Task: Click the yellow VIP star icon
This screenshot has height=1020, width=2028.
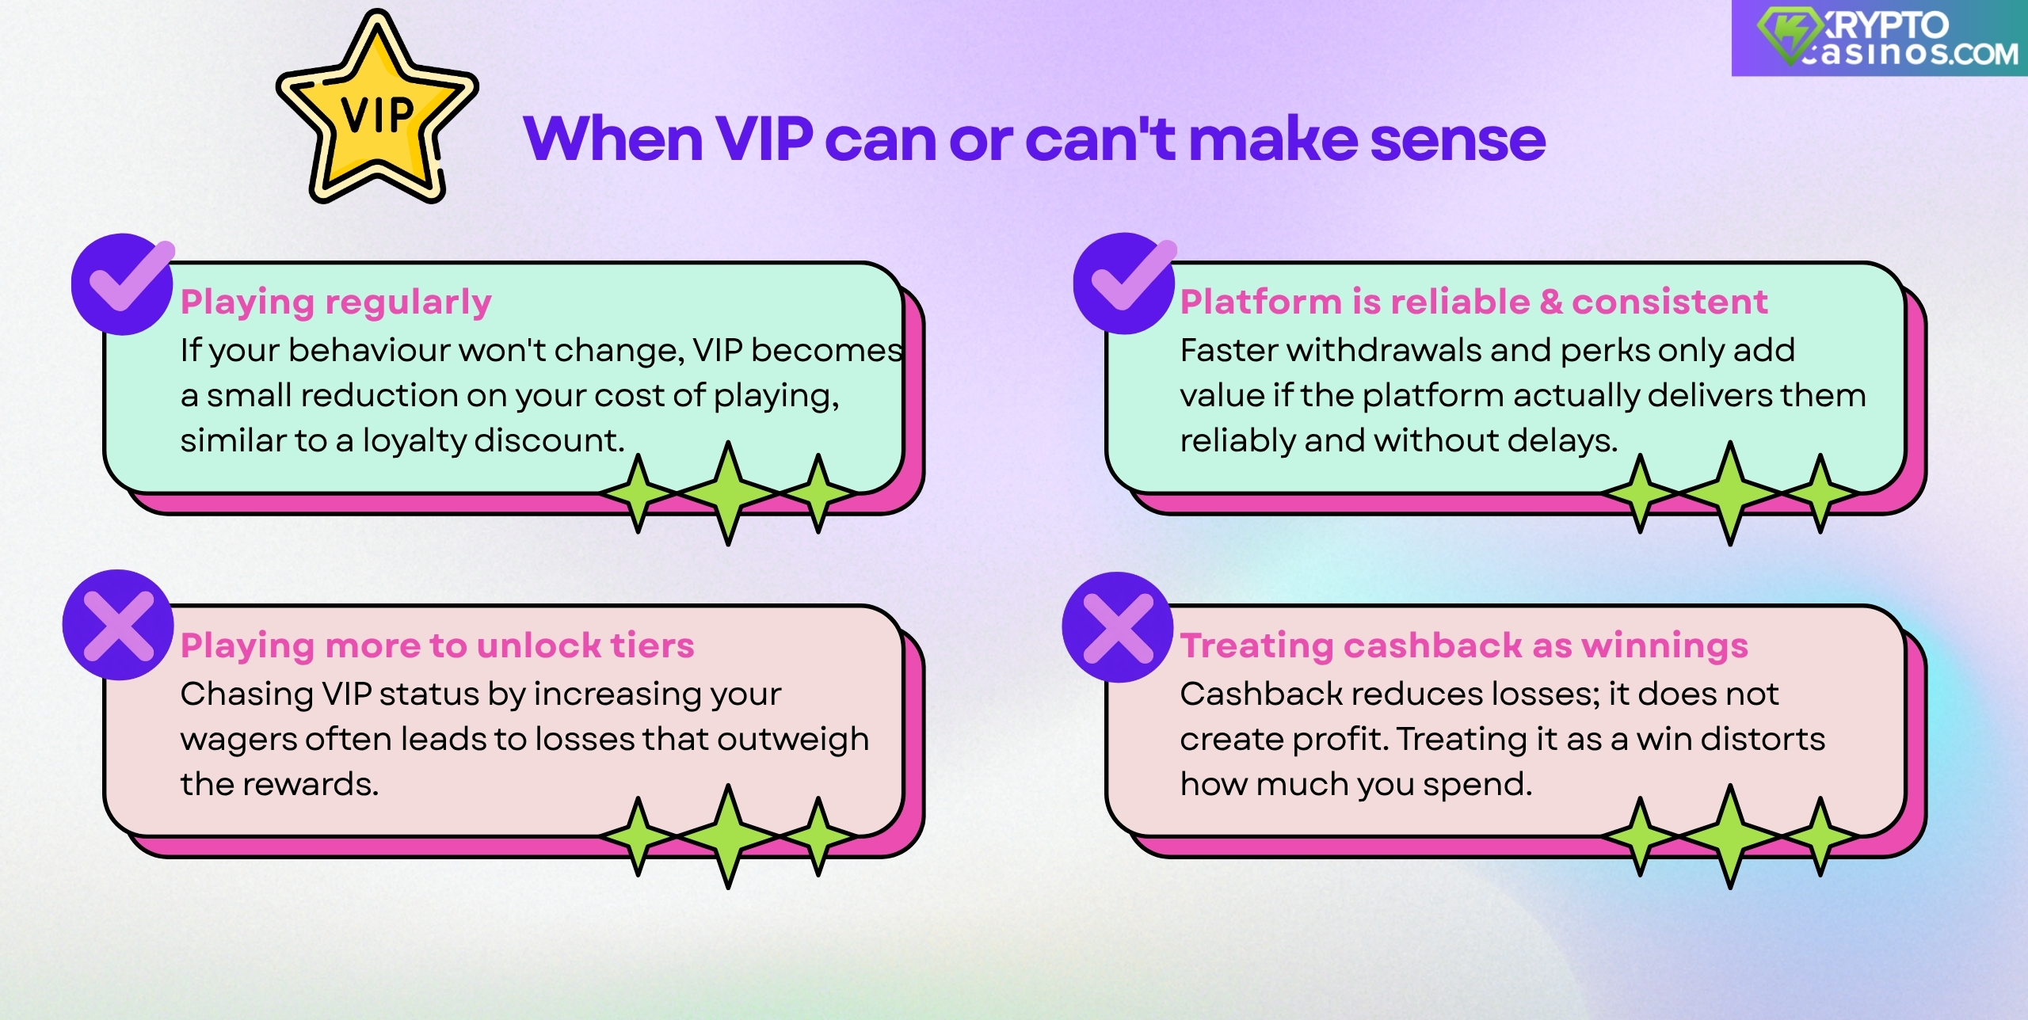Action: (377, 111)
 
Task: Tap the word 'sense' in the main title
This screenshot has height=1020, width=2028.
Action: (1458, 139)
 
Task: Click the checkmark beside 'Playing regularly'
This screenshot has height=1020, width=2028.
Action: (122, 284)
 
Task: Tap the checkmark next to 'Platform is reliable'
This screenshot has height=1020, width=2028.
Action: (1123, 284)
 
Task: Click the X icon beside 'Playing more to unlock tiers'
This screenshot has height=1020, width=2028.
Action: (118, 625)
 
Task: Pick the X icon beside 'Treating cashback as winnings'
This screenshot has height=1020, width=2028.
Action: (1118, 627)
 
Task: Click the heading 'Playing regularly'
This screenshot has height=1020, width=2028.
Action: (336, 303)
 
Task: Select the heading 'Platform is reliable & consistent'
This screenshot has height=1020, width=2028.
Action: (1473, 302)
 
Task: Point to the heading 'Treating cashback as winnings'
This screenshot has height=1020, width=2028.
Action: (1464, 645)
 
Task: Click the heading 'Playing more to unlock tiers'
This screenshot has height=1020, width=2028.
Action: (437, 645)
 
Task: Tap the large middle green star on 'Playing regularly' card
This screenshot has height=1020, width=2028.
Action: (728, 493)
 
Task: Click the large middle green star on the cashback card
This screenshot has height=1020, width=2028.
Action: (1730, 835)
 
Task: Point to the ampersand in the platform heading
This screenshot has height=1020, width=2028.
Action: (1550, 302)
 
